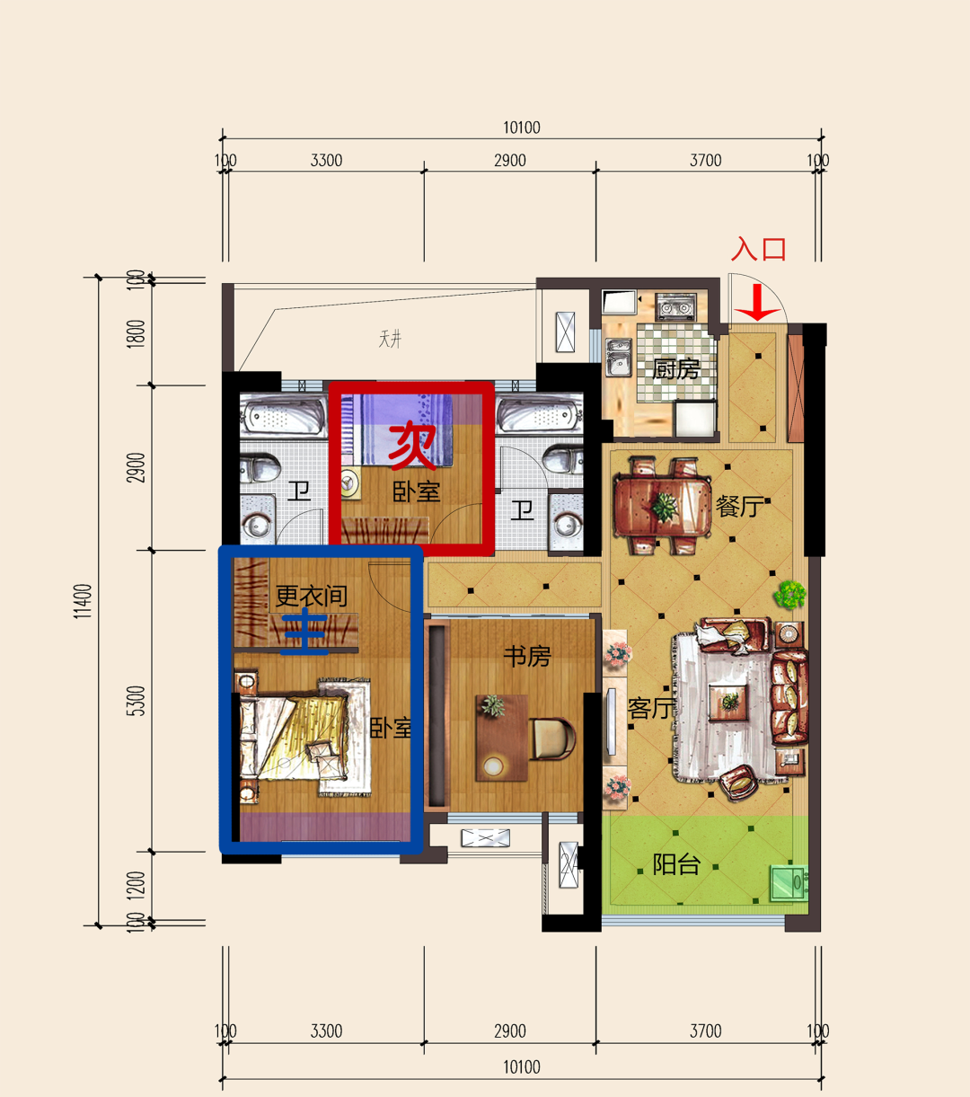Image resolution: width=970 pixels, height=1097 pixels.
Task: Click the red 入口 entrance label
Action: click(x=758, y=250)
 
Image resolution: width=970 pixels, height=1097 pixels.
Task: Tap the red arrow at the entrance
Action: click(x=757, y=303)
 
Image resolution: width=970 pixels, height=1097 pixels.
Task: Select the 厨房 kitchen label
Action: click(x=676, y=369)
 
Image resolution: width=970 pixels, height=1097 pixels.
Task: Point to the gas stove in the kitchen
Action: click(x=675, y=307)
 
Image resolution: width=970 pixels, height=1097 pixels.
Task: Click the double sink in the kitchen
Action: click(x=619, y=357)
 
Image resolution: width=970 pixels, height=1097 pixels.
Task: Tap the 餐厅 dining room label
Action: click(x=739, y=507)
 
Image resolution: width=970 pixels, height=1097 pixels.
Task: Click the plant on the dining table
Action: click(x=664, y=508)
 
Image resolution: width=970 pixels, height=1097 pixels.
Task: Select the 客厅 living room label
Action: click(x=651, y=708)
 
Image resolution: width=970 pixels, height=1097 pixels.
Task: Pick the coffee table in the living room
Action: click(x=730, y=701)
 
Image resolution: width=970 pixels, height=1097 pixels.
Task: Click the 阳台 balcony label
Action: click(x=676, y=864)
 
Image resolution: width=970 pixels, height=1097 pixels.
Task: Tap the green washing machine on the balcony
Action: click(x=789, y=882)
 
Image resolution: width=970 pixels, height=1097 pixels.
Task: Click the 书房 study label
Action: click(x=527, y=656)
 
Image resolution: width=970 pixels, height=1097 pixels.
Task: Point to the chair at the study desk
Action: click(x=553, y=738)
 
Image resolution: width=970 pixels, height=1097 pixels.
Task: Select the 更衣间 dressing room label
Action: click(x=312, y=597)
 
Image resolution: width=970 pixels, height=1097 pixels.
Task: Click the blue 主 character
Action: click(x=304, y=632)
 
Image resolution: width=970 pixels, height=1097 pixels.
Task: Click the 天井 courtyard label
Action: click(x=390, y=340)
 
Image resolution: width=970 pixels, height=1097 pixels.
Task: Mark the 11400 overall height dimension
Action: click(x=83, y=601)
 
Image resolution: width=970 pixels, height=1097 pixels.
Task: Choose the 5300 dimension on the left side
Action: click(x=138, y=701)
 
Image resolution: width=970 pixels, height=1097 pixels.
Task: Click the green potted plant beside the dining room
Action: click(x=790, y=595)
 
